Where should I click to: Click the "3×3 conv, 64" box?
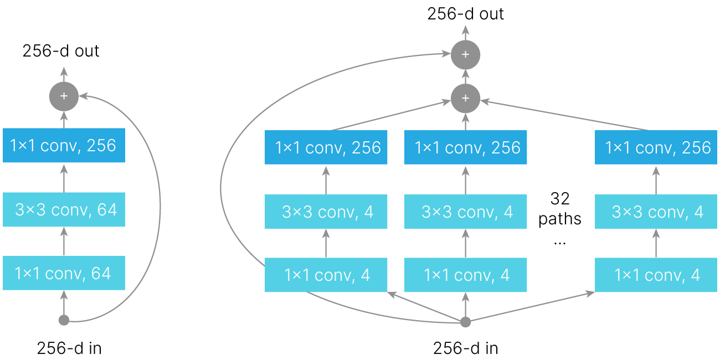[64, 209]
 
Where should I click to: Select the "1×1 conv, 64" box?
[64, 273]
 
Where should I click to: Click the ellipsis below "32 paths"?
[559, 243]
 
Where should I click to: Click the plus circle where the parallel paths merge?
[465, 99]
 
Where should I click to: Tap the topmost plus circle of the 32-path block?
[465, 54]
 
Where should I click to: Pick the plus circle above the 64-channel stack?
[64, 96]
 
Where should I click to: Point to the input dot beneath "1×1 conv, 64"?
[64, 320]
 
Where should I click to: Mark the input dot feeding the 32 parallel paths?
[465, 322]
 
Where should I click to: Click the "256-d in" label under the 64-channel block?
[69, 348]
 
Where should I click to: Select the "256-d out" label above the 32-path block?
[465, 13]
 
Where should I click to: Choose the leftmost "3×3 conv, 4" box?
[326, 212]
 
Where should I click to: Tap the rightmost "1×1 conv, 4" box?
[656, 275]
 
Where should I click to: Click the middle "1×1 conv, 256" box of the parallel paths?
[465, 147]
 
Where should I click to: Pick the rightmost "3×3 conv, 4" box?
[656, 212]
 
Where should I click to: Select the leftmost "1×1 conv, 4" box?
[326, 275]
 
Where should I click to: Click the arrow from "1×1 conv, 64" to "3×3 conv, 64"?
[64, 241]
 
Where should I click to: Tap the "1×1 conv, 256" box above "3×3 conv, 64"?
[64, 146]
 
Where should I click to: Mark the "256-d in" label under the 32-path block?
[465, 348]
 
